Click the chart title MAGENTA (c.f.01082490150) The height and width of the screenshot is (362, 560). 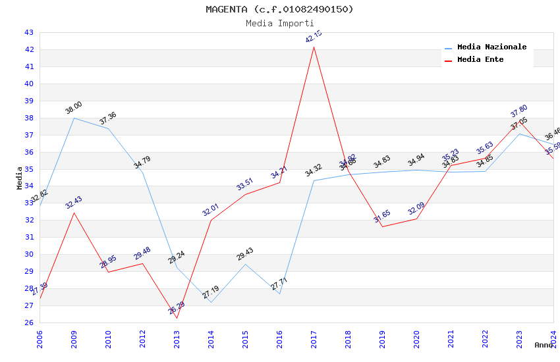tap(279, 9)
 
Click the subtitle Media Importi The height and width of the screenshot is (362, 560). tap(279, 24)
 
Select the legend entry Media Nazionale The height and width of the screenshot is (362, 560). tap(491, 47)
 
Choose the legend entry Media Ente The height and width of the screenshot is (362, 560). tap(480, 60)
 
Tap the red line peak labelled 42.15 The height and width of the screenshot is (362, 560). tap(314, 47)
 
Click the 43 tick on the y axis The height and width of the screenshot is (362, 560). tap(29, 32)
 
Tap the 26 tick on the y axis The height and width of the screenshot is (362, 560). tap(29, 323)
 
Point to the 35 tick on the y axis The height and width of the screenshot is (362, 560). tap(29, 169)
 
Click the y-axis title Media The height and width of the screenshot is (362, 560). tap(20, 178)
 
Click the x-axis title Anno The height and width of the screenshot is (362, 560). tap(544, 345)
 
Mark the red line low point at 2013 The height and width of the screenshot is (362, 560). tap(177, 318)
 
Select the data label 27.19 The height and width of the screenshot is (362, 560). tap(211, 293)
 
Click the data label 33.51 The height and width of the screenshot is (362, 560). tap(245, 184)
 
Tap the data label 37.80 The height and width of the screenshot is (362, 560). tap(519, 111)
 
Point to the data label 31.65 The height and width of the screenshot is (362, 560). tap(382, 217)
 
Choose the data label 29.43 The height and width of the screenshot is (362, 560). tap(245, 254)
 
